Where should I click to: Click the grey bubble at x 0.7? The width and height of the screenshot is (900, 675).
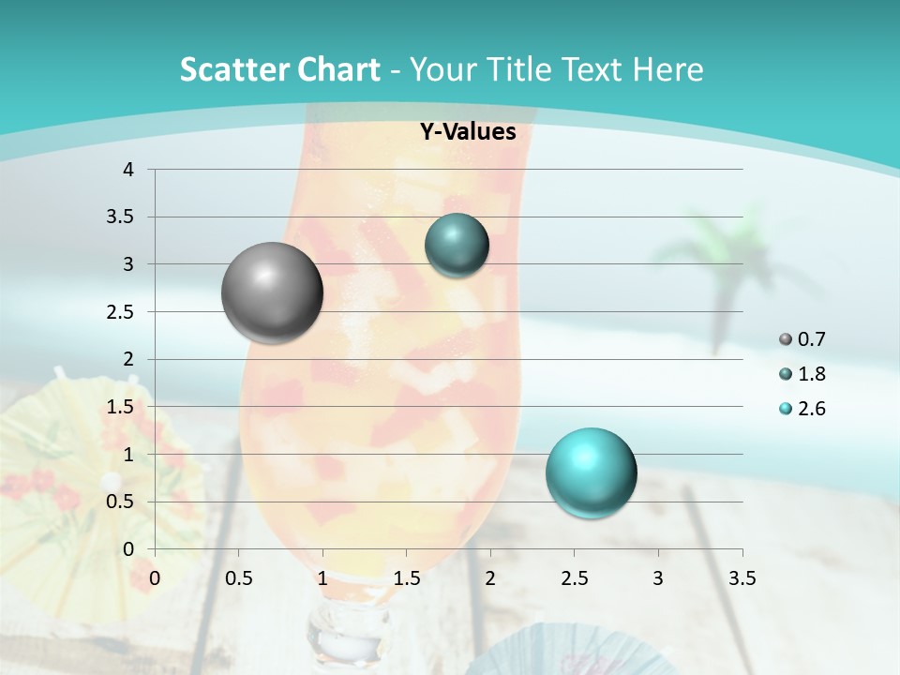(x=273, y=292)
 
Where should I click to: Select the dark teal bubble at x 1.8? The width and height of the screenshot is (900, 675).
(x=457, y=245)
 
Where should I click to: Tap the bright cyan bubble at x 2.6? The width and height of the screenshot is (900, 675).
(x=591, y=472)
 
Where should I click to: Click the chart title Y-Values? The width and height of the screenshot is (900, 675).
(x=468, y=132)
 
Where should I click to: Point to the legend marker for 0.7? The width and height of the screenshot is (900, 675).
(x=786, y=339)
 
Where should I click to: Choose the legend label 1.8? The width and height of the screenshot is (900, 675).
(x=812, y=374)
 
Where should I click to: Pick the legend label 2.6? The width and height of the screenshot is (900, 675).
(x=812, y=409)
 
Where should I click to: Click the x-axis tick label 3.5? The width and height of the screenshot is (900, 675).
(x=742, y=578)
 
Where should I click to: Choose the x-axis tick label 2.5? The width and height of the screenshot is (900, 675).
(x=574, y=578)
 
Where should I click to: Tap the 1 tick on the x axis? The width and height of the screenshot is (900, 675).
(x=322, y=578)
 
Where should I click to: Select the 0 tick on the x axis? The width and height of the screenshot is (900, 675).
(x=155, y=578)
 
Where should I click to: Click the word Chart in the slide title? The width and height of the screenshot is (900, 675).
(x=338, y=69)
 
